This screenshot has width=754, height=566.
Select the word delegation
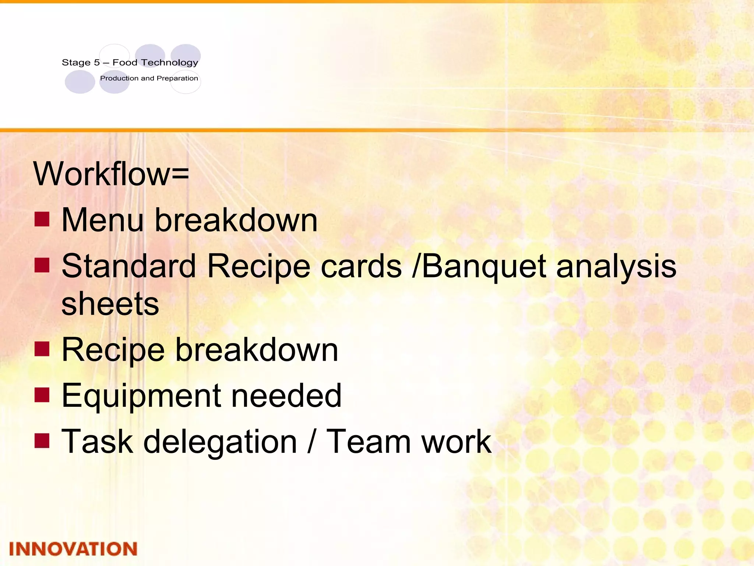pos(220,442)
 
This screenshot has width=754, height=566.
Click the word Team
pos(369,442)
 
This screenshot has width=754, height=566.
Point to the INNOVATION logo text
pos(73,549)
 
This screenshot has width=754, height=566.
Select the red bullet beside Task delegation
pos(42,440)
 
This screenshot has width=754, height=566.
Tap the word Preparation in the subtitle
pos(177,78)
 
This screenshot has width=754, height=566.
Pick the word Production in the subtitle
pos(119,78)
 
